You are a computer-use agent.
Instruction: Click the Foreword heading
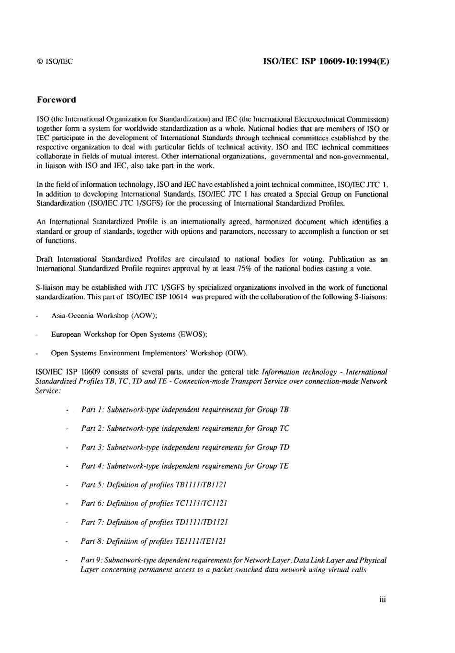click(56, 100)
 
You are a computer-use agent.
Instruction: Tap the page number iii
click(382, 599)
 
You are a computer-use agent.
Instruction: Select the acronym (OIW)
click(236, 353)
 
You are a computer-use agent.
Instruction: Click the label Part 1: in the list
click(92, 410)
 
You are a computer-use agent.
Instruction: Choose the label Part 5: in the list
click(92, 485)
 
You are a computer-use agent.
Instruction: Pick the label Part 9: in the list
click(91, 560)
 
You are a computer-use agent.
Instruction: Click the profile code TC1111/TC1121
click(202, 504)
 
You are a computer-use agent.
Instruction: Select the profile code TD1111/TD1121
click(202, 522)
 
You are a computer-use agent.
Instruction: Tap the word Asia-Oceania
click(73, 316)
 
